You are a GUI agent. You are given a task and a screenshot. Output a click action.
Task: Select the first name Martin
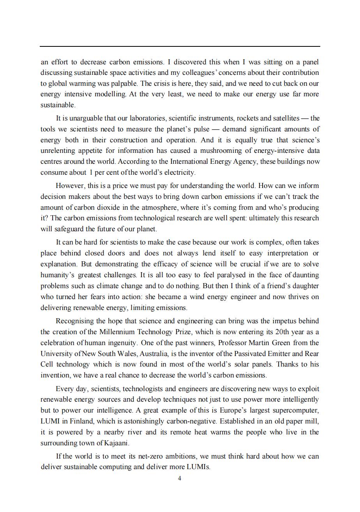(x=256, y=343)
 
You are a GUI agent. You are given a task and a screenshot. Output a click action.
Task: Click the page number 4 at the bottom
(x=179, y=478)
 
